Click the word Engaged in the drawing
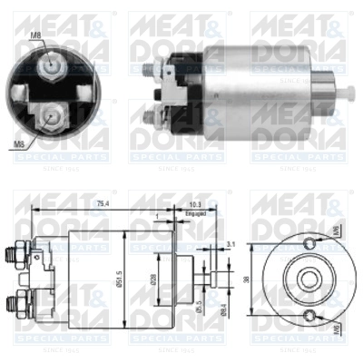[194, 215]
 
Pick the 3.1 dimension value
[231, 243]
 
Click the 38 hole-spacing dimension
[247, 279]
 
